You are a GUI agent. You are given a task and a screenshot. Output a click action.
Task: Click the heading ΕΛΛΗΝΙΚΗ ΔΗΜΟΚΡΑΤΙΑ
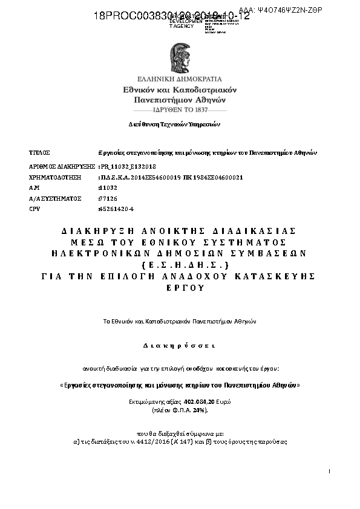180,79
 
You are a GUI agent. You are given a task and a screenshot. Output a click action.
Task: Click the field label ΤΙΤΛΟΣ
39,152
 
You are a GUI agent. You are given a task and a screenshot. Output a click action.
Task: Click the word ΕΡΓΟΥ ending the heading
180,287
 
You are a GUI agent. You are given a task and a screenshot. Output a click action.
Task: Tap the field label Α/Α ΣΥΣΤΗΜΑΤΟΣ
55,198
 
